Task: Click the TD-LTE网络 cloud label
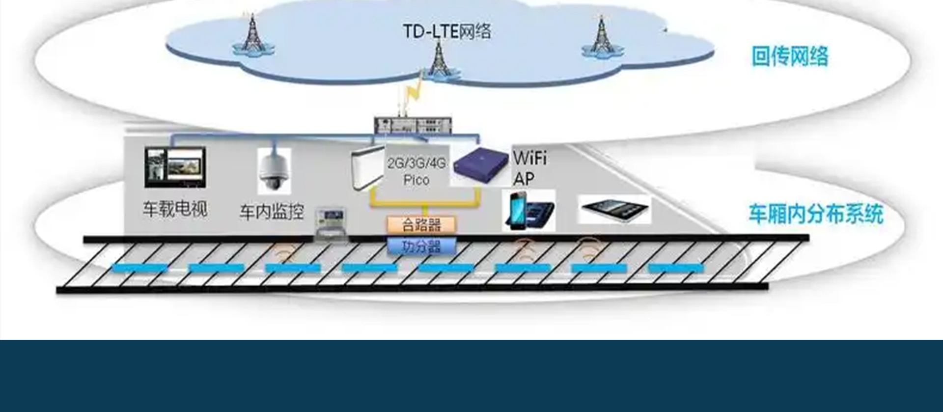[x=446, y=31]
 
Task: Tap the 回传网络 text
[x=789, y=56]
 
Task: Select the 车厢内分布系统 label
[x=815, y=214]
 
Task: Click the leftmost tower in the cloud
[x=252, y=34]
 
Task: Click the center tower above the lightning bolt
[x=439, y=60]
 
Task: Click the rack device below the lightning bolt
[x=413, y=125]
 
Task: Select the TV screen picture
[x=175, y=167]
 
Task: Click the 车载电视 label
[x=175, y=209]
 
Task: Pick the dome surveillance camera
[x=274, y=171]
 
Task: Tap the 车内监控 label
[x=272, y=212]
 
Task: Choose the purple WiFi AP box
[x=480, y=165]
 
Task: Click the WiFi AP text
[x=529, y=168]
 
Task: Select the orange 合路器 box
[x=421, y=225]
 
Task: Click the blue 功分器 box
[x=421, y=246]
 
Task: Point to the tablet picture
[x=614, y=209]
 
